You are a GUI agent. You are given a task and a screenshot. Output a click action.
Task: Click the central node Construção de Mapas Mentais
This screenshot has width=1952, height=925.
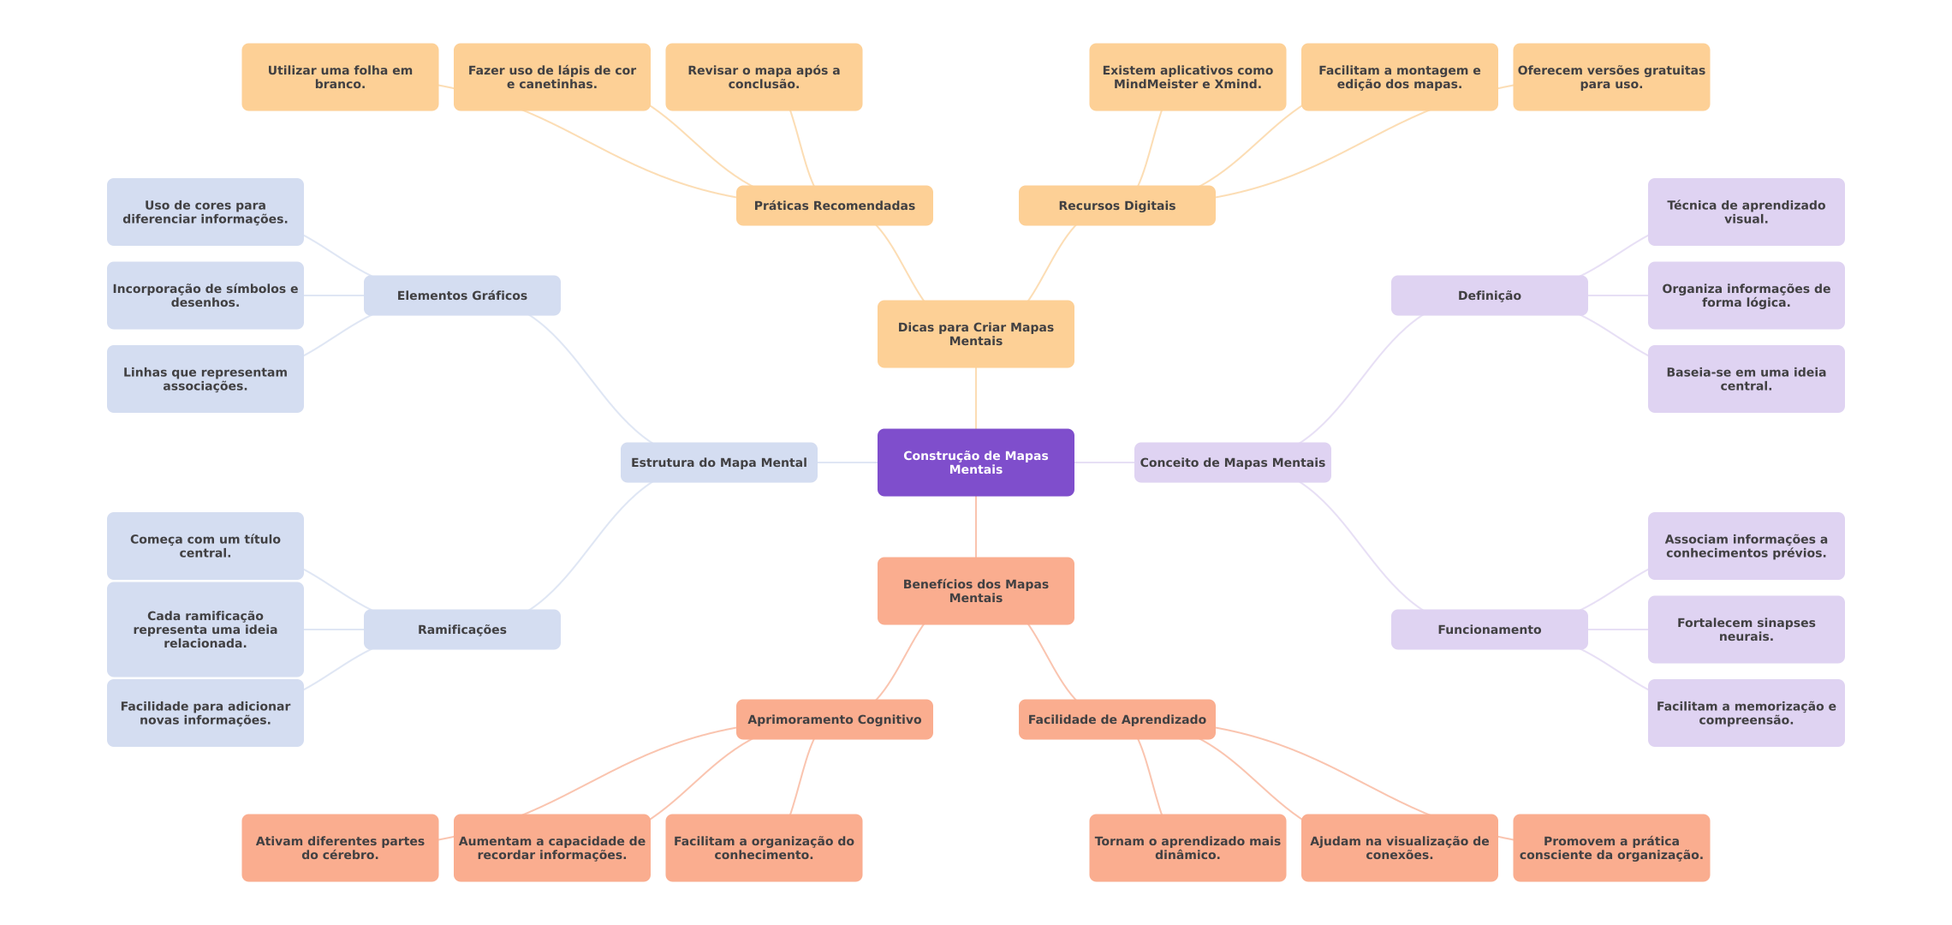[975, 462]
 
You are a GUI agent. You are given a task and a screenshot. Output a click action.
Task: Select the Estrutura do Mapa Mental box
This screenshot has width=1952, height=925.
[718, 462]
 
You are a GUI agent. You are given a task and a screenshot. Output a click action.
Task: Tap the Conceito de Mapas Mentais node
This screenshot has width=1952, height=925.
[1232, 462]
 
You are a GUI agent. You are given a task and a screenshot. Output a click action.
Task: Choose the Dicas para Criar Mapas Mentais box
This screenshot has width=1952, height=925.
[975, 334]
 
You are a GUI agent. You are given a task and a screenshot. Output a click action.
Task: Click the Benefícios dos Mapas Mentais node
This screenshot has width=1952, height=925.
[975, 591]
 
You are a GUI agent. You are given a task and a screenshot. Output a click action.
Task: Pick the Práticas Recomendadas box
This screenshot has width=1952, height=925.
[834, 206]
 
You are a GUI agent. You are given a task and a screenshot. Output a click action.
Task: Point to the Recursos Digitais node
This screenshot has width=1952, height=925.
[1116, 206]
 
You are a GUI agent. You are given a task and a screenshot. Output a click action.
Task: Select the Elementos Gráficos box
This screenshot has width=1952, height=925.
[461, 295]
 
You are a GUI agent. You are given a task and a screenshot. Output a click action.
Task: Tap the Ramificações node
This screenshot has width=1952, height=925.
[461, 630]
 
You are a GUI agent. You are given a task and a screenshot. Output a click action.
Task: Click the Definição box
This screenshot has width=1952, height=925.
[1489, 295]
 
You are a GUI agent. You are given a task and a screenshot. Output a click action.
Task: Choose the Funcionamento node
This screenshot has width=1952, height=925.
[1489, 630]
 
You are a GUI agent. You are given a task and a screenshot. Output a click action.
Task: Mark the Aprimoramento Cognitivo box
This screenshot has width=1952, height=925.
[834, 719]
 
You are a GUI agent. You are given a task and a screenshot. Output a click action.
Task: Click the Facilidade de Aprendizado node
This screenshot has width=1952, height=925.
[1116, 719]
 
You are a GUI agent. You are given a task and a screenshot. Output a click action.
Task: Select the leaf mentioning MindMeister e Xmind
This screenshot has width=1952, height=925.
[1187, 77]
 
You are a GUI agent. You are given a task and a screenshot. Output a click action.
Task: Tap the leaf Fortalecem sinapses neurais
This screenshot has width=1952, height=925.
[1746, 630]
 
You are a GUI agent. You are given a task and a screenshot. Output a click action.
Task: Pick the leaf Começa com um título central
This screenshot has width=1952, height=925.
[205, 546]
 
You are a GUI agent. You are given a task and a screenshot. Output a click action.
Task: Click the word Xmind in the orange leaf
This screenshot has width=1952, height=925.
[1237, 84]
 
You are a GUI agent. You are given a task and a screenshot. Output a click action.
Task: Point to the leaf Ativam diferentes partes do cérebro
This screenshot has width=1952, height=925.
[340, 848]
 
